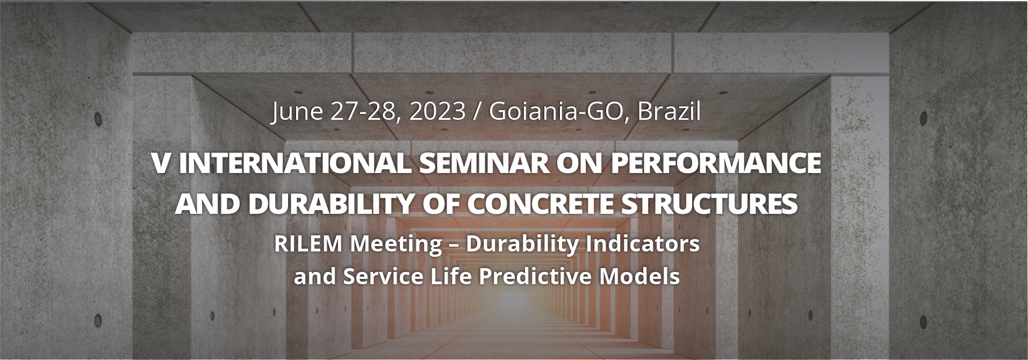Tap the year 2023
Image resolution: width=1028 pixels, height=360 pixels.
point(437,111)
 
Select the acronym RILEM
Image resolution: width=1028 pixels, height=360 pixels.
point(308,244)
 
